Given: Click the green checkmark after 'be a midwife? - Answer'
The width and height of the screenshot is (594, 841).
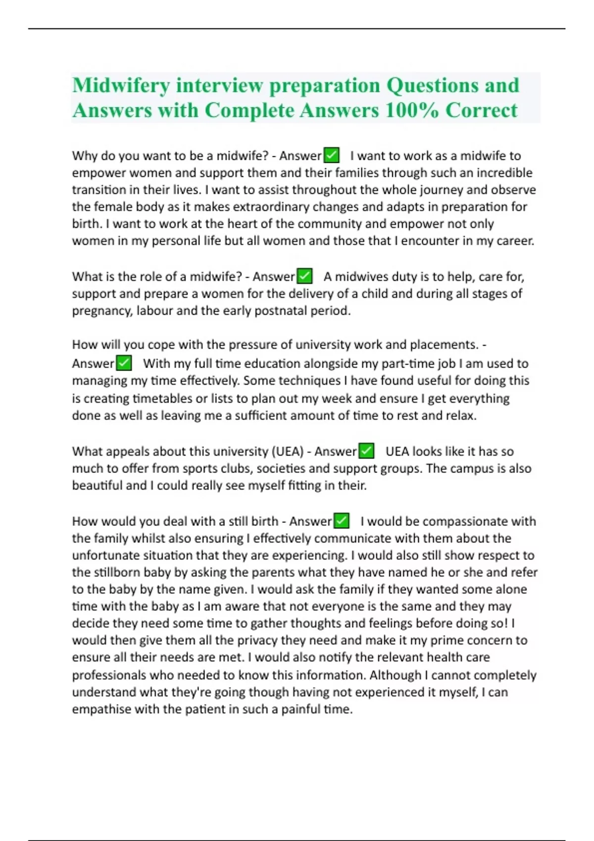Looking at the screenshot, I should coord(331,155).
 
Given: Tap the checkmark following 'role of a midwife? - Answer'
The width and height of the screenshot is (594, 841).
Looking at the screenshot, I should coord(304,276).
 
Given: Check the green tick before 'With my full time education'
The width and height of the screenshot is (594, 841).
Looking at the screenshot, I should coord(124,363).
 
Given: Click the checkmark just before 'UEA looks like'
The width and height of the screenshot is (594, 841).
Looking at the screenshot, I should coord(366,451).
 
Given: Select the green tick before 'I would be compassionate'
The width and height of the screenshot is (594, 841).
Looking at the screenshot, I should coord(342,521).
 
